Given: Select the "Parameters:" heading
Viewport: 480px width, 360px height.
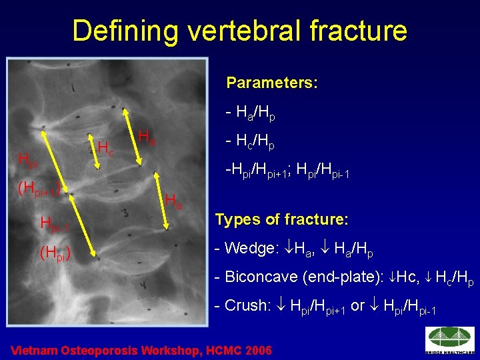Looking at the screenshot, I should [271, 83].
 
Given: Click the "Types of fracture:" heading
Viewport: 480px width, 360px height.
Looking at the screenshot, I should [281, 219].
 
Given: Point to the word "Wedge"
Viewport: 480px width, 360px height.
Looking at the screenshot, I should [249, 249].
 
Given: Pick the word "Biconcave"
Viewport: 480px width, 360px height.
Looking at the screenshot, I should [258, 277].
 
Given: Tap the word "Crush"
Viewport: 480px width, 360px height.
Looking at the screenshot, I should [245, 306].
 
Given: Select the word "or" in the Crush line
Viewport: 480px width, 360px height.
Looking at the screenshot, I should [357, 306].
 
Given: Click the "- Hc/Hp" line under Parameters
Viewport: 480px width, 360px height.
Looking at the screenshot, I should [251, 143].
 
